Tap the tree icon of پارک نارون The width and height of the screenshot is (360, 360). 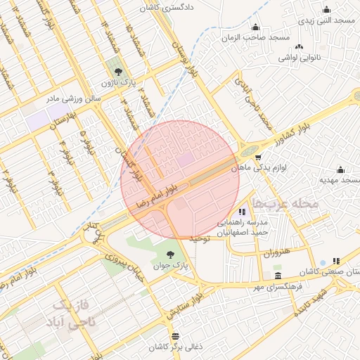(117, 71)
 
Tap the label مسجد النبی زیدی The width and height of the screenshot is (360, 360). (326, 21)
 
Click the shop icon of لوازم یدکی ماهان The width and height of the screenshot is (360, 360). (259, 157)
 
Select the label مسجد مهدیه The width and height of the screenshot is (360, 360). (340, 180)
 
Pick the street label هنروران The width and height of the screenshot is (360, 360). (276, 252)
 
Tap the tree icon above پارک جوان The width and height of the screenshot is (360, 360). (171, 255)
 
